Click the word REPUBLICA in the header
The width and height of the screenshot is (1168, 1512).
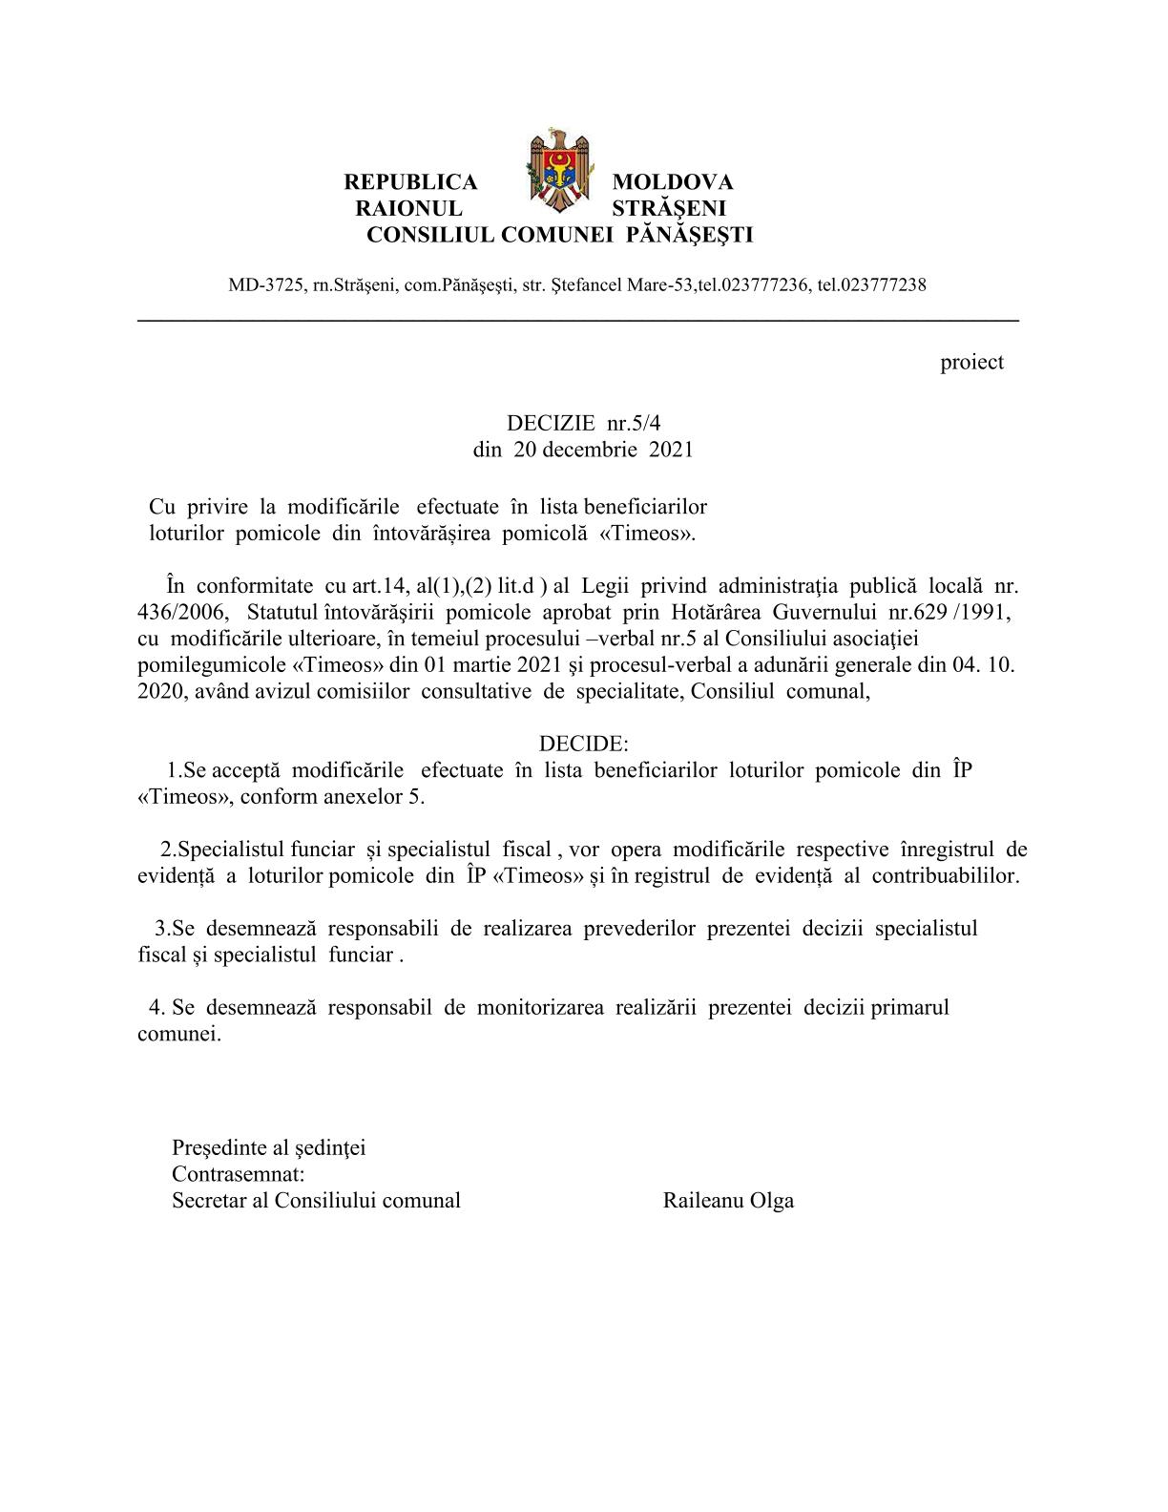tap(410, 182)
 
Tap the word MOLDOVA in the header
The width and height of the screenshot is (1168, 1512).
tap(672, 182)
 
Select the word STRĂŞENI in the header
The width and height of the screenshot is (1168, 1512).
tap(669, 208)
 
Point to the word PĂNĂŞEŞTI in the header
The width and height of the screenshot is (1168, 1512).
tap(689, 235)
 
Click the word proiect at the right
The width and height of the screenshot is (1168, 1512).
tap(971, 362)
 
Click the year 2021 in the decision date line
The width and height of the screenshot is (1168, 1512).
tap(671, 449)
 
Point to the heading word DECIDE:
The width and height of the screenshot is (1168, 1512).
tap(583, 743)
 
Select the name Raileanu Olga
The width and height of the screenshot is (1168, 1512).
tap(728, 1201)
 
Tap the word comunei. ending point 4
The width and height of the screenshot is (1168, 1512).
tap(179, 1034)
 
